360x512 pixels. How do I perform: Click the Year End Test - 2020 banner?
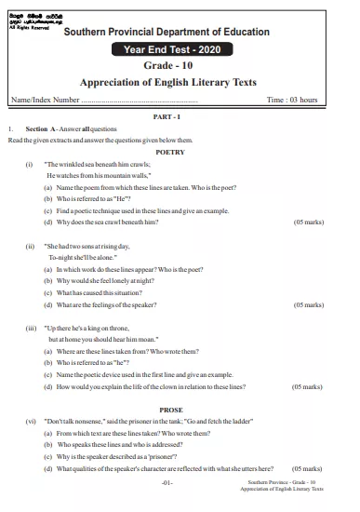click(x=180, y=48)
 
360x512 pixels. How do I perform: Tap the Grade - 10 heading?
click(x=180, y=65)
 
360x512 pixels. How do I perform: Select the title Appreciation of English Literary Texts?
click(x=180, y=82)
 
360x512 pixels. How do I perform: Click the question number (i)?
click(x=29, y=163)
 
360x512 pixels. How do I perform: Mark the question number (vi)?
click(x=31, y=421)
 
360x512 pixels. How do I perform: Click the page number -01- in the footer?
click(x=167, y=484)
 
